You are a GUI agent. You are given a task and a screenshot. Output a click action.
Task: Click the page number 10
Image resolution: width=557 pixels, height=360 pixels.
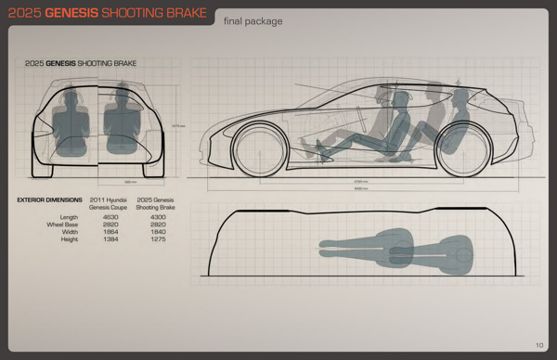click(x=538, y=346)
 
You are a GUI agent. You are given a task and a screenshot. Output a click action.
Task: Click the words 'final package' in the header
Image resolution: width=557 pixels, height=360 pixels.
click(x=253, y=20)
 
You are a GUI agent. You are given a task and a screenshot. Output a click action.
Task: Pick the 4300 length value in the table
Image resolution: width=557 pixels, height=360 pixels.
click(x=148, y=217)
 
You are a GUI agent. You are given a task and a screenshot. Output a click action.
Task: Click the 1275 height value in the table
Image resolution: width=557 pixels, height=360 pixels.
click(x=148, y=239)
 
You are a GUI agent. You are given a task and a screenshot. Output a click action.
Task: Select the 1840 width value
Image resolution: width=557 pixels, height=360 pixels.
click(x=148, y=232)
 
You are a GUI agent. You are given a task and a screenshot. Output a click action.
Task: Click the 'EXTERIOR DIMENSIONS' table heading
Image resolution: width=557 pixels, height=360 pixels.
click(x=48, y=199)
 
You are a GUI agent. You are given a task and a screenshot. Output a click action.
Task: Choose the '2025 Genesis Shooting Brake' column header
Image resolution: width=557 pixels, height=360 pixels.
click(x=154, y=203)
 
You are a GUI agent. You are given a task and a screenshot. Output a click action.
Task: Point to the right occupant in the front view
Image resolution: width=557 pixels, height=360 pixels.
click(x=119, y=121)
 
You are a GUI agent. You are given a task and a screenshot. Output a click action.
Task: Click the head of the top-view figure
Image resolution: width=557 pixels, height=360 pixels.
click(x=460, y=249)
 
